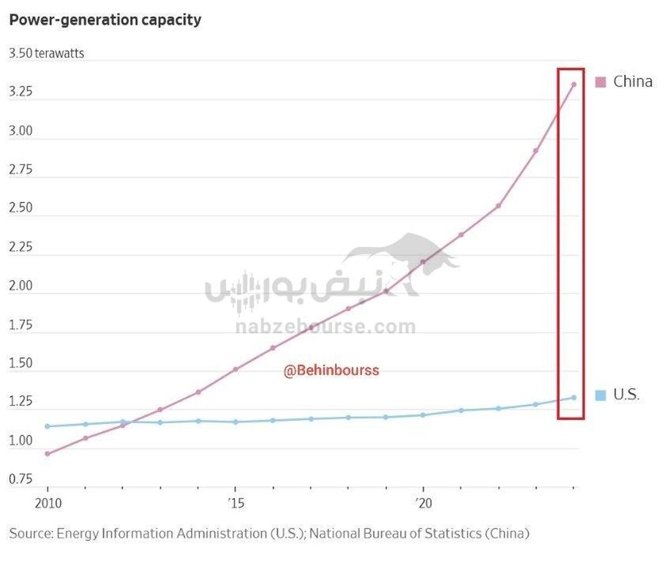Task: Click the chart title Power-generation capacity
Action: (x=105, y=21)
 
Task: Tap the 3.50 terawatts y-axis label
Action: (x=47, y=54)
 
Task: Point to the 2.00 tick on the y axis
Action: (x=21, y=285)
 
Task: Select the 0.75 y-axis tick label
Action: (x=21, y=479)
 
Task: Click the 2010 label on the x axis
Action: (x=48, y=504)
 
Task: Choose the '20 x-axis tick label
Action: (x=423, y=504)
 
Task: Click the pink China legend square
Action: (x=600, y=82)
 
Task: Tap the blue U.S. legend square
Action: (x=600, y=395)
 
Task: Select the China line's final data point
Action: (x=574, y=84)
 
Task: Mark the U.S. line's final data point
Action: (x=574, y=397)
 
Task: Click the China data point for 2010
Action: (x=47, y=454)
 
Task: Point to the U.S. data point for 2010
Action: (x=47, y=427)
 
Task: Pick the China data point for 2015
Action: (x=235, y=369)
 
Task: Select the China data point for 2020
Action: (x=423, y=262)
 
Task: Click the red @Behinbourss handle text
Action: (x=331, y=370)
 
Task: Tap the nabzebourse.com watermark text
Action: (x=325, y=327)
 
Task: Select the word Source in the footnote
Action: (x=31, y=534)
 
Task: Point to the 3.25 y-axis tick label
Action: (x=21, y=92)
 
